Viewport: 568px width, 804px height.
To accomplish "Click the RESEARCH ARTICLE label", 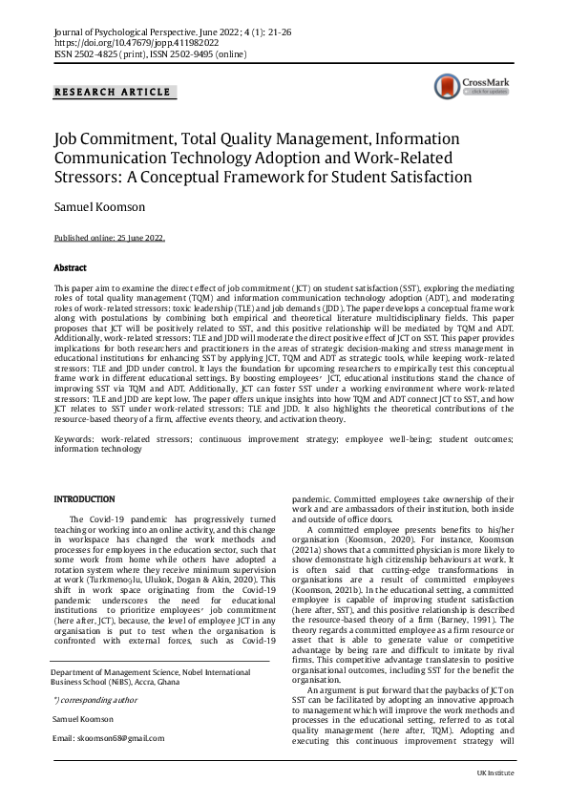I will coord(113,93).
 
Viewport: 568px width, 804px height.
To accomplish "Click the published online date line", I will coord(109,239).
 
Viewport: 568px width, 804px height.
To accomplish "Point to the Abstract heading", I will coord(70,269).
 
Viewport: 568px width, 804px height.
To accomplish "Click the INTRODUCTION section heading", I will coord(85,499).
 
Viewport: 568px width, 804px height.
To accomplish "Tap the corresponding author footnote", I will coord(95,700).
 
